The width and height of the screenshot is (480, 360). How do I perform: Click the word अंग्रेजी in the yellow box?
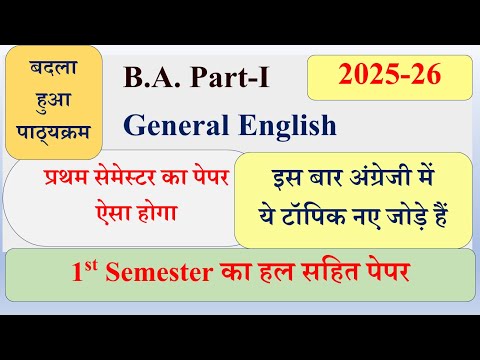click(368, 182)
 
